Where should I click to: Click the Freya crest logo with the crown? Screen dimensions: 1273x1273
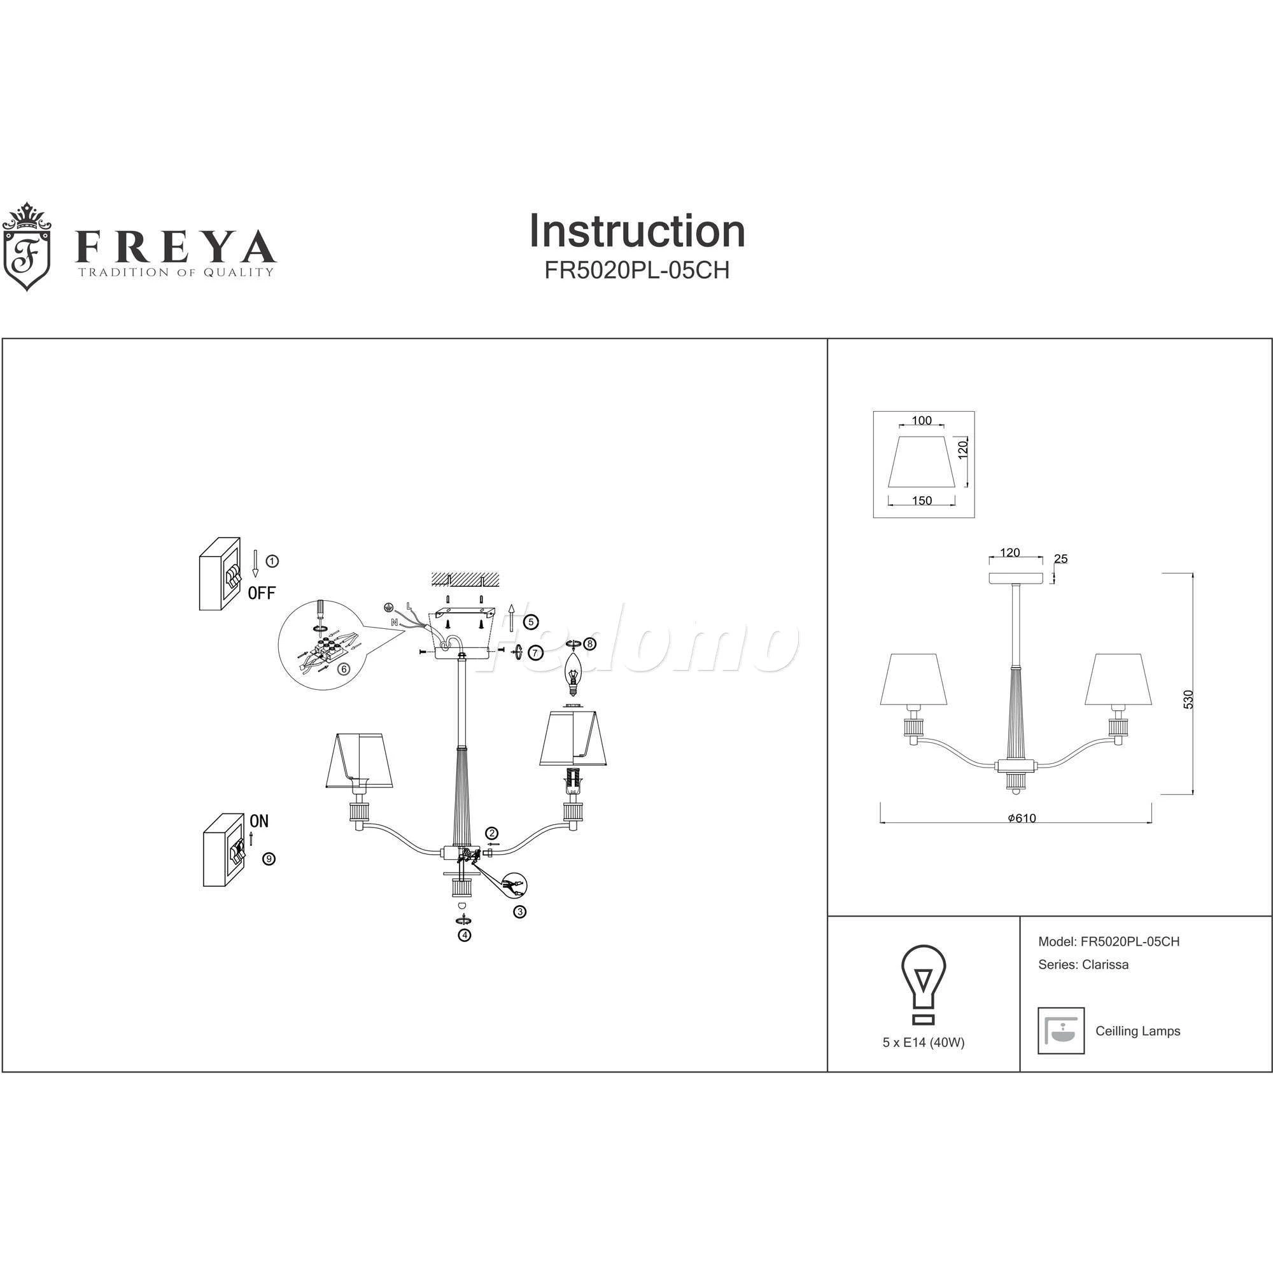click(27, 247)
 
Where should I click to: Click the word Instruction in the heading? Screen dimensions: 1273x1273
click(636, 231)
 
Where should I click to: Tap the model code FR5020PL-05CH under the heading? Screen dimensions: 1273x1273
click(636, 271)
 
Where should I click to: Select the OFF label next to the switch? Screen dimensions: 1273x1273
click(262, 593)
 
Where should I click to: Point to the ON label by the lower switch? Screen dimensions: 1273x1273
click(259, 821)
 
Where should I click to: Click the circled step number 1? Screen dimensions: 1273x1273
click(272, 561)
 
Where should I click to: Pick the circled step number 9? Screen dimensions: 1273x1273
click(268, 859)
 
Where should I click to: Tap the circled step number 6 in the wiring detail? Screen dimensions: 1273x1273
click(343, 669)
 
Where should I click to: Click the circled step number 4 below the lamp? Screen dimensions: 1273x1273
click(465, 934)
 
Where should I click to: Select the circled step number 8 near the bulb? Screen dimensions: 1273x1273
click(590, 643)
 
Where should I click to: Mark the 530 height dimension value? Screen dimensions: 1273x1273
click(1188, 699)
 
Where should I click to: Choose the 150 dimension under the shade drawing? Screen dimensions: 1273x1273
click(922, 501)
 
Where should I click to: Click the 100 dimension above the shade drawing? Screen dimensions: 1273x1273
click(922, 420)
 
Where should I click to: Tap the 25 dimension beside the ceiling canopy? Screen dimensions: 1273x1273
click(1061, 559)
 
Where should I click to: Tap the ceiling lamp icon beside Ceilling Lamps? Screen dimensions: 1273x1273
click(1061, 1030)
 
